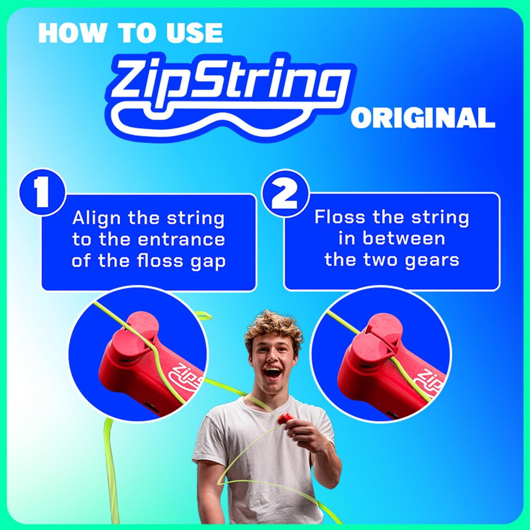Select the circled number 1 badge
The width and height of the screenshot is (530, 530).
tap(42, 192)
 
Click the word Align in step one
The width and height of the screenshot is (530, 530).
tap(96, 219)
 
